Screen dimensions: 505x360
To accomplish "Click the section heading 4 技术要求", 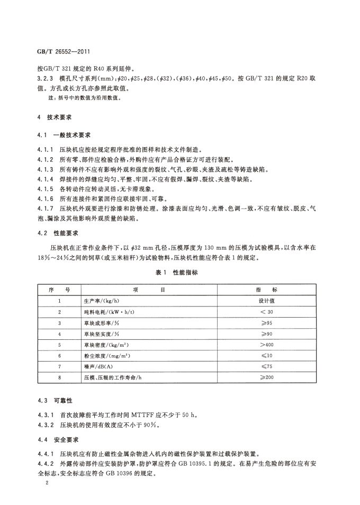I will [55, 116].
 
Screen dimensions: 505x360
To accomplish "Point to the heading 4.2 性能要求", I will [58, 232].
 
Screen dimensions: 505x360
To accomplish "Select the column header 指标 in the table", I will [267, 290].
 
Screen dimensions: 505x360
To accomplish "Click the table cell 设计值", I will [267, 301].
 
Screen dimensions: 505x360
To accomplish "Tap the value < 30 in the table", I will [267, 312].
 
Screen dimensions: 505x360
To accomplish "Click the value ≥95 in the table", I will [267, 323].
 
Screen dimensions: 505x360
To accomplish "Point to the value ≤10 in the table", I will [267, 356].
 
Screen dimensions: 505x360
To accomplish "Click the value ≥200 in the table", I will [267, 377].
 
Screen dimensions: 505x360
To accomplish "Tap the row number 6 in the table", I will [60, 356].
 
